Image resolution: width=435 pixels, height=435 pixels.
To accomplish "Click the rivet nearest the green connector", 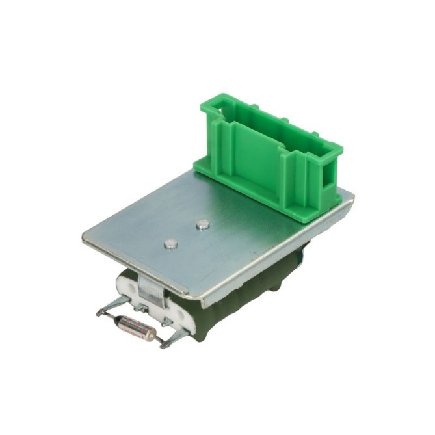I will pyautogui.click(x=202, y=225).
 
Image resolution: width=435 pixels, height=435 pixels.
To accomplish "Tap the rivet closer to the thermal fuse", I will pyautogui.click(x=171, y=245).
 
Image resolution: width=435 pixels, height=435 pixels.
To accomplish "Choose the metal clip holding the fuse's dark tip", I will pyautogui.click(x=111, y=306).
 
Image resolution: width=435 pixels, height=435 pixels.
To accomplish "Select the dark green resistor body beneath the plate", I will pyautogui.click(x=195, y=319).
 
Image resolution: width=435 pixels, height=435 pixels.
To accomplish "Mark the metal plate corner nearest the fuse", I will pyautogui.click(x=85, y=240).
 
